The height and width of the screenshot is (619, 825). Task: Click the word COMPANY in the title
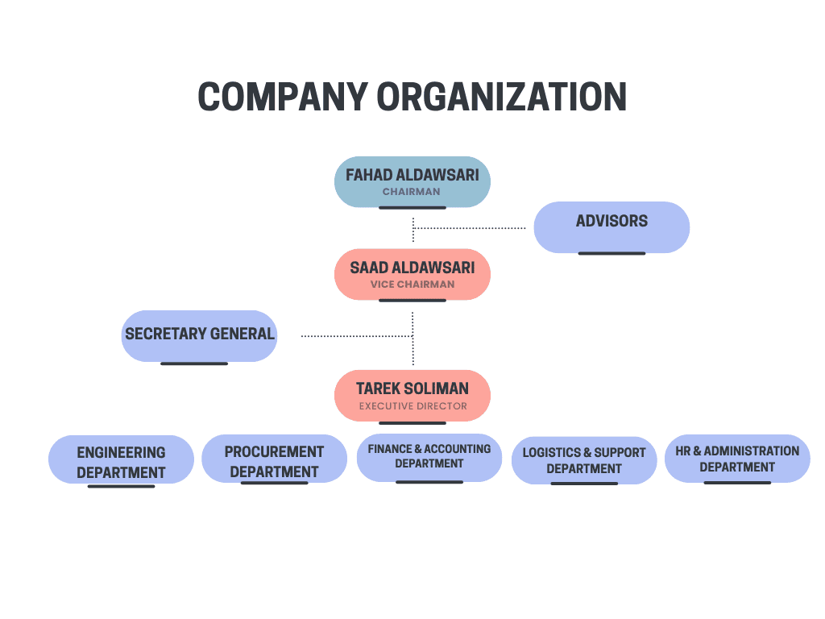(283, 98)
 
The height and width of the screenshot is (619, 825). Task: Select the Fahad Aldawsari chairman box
(412, 181)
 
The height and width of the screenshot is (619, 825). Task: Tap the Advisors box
(611, 226)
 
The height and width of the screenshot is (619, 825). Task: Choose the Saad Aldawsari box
(412, 274)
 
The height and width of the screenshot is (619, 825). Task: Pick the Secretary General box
(199, 335)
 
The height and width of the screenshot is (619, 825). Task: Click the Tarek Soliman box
(412, 395)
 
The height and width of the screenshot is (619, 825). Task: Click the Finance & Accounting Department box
(429, 457)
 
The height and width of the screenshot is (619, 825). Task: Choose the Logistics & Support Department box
(583, 460)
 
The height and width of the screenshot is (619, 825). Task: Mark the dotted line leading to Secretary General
(354, 335)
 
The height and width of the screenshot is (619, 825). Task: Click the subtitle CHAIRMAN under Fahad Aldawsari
(411, 192)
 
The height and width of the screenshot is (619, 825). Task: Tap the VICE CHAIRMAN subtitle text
(412, 285)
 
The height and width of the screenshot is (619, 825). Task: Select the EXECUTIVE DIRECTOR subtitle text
(412, 406)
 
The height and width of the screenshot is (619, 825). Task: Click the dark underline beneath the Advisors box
(611, 253)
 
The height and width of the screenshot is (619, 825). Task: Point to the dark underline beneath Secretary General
(193, 364)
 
